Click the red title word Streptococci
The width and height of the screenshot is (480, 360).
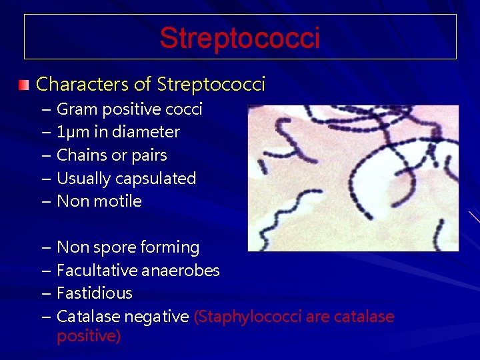click(239, 38)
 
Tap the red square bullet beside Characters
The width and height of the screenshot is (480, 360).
click(24, 85)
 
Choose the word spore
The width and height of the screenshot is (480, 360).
click(113, 248)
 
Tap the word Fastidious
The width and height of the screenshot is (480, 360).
click(95, 293)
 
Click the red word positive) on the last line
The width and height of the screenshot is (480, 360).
click(89, 336)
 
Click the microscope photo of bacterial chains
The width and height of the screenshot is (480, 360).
click(353, 177)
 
